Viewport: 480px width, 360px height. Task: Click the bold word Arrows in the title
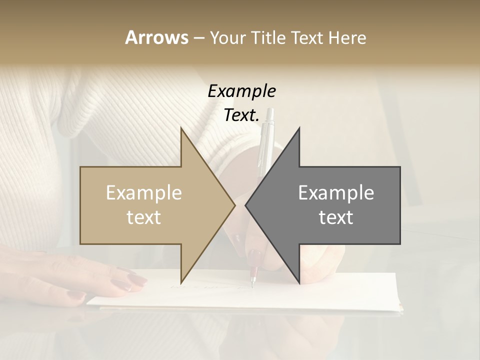click(x=156, y=37)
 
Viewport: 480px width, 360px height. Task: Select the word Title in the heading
click(x=268, y=38)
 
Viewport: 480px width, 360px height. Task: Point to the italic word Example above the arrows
click(x=241, y=91)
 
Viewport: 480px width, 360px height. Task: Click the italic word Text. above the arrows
click(x=241, y=115)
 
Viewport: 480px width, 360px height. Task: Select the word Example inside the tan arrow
click(x=143, y=193)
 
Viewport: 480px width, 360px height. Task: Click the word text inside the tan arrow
click(x=143, y=217)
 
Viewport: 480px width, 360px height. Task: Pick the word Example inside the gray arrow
click(x=336, y=193)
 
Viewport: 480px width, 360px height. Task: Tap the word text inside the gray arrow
click(x=336, y=217)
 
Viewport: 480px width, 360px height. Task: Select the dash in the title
click(x=198, y=38)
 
